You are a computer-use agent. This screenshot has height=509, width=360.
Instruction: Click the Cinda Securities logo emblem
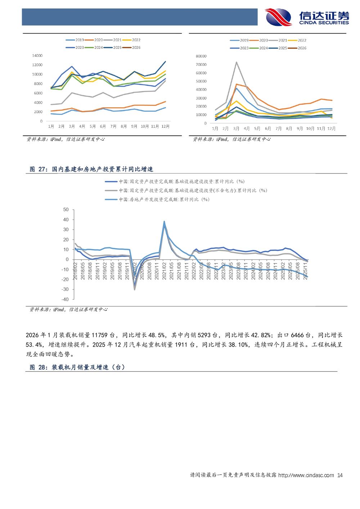point(278,17)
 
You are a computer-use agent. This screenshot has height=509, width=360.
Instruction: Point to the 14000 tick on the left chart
point(37,55)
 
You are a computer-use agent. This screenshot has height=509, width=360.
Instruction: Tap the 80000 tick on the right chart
point(201,56)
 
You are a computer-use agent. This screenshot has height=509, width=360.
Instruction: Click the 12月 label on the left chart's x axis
point(166,126)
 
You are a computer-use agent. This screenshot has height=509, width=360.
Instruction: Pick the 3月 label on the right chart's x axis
point(236,129)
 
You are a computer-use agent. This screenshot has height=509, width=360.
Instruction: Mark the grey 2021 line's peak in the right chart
point(236,62)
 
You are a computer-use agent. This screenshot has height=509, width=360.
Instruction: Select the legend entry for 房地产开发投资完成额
point(164,199)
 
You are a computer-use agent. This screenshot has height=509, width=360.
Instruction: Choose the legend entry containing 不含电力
point(193,190)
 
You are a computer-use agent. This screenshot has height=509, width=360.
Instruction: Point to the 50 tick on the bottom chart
point(66,210)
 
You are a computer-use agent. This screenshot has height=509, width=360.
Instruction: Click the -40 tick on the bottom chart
point(65,299)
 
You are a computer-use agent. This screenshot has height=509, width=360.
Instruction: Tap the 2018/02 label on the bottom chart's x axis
point(76,271)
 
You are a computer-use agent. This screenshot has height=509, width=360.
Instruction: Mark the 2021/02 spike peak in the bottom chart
point(164,221)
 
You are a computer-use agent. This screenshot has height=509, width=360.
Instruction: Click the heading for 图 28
point(77,367)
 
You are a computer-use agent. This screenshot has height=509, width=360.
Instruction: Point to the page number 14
point(339,475)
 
